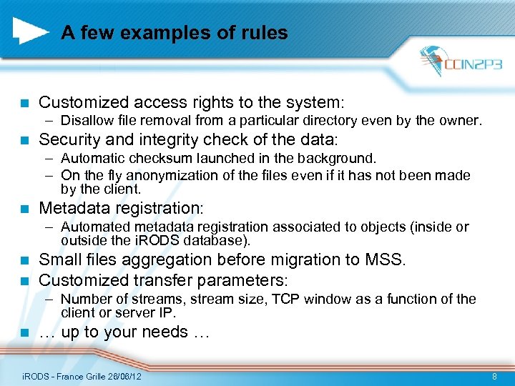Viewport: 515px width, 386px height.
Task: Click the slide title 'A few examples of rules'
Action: [174, 33]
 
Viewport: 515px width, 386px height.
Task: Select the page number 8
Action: [495, 376]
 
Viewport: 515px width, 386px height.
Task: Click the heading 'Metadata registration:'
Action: [121, 208]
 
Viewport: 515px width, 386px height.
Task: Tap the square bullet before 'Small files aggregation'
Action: [24, 260]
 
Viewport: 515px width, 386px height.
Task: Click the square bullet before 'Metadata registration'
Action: [24, 209]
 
